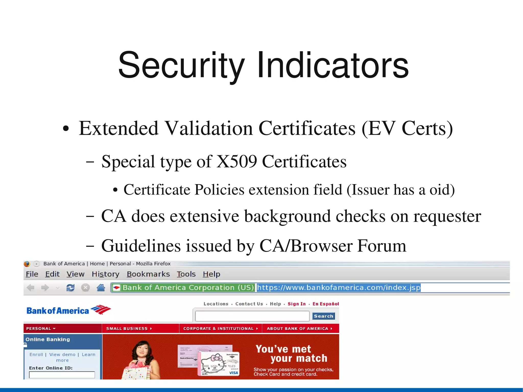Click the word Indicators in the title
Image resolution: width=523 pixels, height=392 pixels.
click(333, 65)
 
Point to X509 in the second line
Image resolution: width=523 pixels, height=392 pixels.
click(236, 162)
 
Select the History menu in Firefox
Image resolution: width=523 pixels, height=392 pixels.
click(105, 274)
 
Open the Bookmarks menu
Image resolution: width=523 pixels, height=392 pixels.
click(148, 274)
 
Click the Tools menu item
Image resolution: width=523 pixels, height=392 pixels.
click(186, 274)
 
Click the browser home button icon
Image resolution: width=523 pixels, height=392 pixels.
click(101, 288)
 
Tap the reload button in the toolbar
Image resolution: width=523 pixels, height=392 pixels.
click(70, 288)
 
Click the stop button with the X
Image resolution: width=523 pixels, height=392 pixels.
click(85, 288)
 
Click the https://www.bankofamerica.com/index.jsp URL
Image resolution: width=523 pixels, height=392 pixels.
click(338, 288)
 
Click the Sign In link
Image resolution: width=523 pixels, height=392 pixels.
click(296, 304)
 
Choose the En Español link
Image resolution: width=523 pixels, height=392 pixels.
click(326, 304)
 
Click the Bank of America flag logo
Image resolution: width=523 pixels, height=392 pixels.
click(101, 310)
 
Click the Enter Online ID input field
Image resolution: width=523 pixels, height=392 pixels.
click(62, 375)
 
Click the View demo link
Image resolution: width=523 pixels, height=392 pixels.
click(62, 355)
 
